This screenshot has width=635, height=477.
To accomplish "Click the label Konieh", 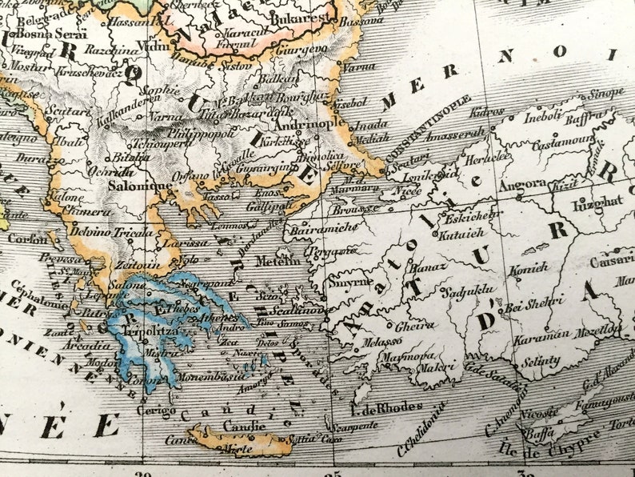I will coord(529,268).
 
